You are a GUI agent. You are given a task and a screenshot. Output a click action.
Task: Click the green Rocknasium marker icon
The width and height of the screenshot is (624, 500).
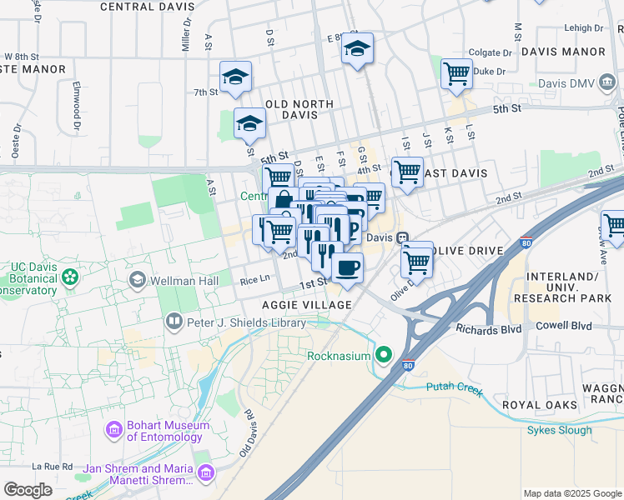pos(384,356)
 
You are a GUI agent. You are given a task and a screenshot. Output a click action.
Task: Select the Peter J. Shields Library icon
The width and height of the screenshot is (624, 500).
pos(174,320)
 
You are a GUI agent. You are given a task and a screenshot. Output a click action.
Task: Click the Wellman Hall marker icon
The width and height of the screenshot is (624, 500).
pos(136,281)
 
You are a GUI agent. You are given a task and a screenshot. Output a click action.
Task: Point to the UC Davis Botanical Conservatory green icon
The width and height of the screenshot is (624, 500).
pos(71,274)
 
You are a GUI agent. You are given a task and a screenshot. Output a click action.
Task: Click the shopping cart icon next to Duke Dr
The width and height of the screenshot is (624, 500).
pos(456,73)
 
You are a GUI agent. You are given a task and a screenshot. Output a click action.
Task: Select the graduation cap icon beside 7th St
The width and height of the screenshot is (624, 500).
pos(235,77)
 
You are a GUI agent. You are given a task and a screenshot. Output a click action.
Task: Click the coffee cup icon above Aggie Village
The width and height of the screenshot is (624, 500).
pos(347,267)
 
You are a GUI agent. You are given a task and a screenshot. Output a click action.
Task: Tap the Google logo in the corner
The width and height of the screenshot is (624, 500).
pos(28,490)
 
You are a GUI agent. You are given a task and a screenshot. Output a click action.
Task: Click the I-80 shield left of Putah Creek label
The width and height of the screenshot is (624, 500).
pos(408,365)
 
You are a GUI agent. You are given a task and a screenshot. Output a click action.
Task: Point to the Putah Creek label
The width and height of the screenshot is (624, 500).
pos(454,387)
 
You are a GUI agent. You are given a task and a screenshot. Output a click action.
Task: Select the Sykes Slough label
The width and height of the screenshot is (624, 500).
pos(559,430)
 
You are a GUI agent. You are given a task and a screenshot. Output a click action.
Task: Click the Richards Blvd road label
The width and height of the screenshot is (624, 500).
pos(488,329)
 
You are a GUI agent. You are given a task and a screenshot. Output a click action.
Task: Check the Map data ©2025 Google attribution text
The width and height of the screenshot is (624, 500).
pos(572,493)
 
